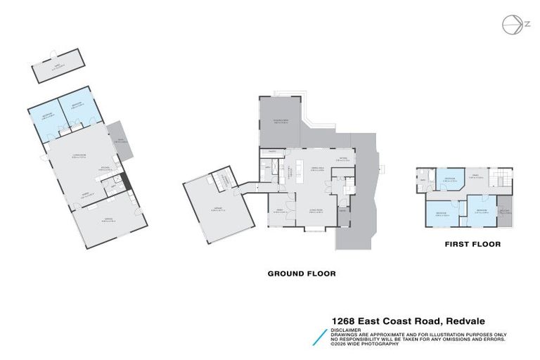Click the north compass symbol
point(511,25)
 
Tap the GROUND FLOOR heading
point(301,274)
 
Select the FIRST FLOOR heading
point(472,245)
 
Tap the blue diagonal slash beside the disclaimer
point(321,336)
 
